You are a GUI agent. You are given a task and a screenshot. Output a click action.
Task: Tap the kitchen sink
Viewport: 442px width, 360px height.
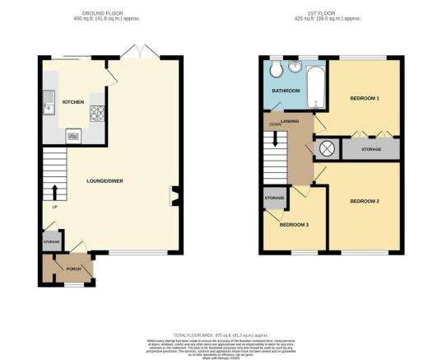coord(48,103)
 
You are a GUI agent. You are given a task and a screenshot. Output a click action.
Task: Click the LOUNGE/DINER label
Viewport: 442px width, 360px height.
coord(105,177)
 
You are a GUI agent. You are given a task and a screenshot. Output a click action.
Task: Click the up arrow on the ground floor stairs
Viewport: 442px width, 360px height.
coord(54,193)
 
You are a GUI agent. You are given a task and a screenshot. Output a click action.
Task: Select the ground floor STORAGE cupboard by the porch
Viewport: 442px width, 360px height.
coord(49,242)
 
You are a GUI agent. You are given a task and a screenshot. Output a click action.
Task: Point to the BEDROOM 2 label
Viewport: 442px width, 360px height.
coord(364,201)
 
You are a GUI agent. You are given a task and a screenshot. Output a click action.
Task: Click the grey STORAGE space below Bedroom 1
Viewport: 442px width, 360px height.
coord(370,150)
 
